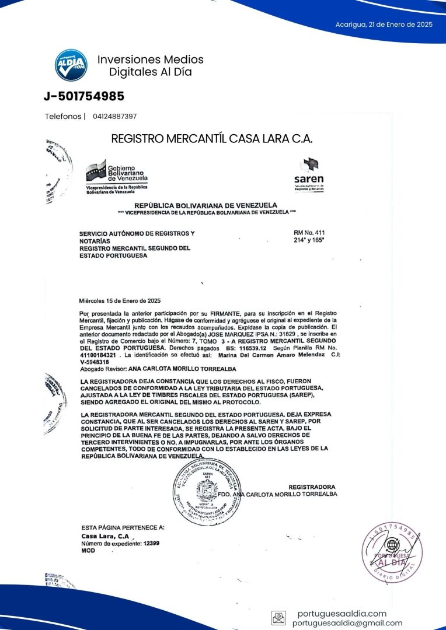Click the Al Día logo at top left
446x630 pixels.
(71, 65)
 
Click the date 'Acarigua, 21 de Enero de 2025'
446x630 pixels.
(384, 24)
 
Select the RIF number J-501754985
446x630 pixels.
(84, 96)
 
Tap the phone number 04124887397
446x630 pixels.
(115, 117)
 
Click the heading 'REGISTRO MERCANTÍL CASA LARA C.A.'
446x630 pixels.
(212, 139)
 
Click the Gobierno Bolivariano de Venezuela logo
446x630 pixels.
(117, 177)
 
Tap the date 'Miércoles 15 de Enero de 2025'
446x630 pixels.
(120, 301)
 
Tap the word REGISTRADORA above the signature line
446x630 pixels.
(312, 487)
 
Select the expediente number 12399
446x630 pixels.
(151, 543)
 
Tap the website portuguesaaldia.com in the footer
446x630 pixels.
(342, 614)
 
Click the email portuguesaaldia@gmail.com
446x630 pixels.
(347, 623)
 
